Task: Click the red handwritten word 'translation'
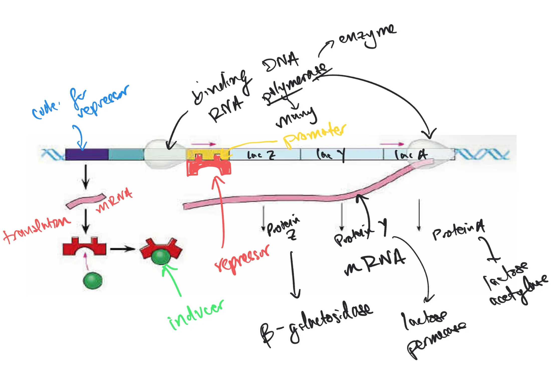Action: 36,229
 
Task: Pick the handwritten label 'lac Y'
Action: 331,155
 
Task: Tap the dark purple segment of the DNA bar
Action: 87,154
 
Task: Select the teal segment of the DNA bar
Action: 126,154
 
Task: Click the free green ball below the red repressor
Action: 93,281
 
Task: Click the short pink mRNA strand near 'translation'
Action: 85,200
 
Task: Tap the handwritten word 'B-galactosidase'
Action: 316,323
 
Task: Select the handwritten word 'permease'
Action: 436,339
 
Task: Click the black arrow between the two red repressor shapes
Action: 123,249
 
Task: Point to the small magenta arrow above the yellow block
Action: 203,144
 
